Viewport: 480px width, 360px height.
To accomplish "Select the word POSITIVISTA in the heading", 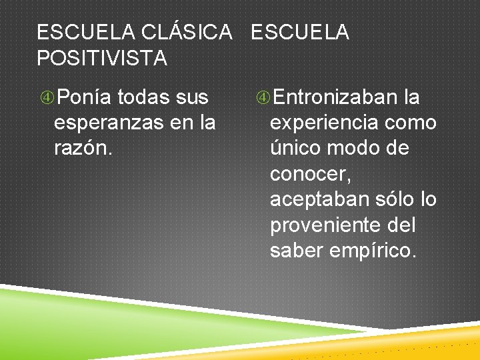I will (x=102, y=59).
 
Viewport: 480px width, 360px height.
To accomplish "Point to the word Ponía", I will (x=83, y=98).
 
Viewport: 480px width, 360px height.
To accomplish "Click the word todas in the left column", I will (x=143, y=98).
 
